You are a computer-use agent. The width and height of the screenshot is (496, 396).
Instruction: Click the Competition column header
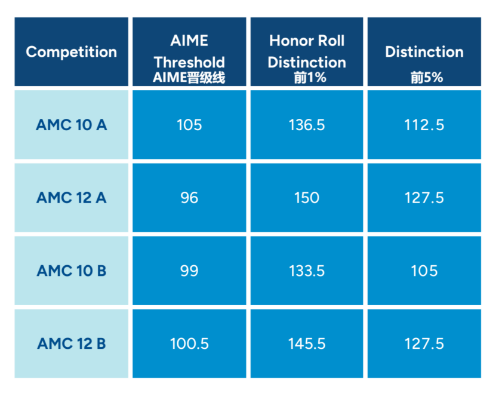point(72,52)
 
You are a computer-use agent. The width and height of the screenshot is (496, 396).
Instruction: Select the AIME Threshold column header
point(189,52)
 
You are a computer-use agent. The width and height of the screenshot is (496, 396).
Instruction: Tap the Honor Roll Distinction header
point(307,52)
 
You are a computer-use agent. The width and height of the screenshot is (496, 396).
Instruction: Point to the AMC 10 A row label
point(72,125)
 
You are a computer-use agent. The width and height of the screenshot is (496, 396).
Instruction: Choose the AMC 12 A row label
point(72,198)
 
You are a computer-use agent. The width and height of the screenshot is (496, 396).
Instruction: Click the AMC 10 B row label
point(72,271)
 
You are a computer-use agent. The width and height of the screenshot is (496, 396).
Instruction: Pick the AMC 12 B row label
point(72,343)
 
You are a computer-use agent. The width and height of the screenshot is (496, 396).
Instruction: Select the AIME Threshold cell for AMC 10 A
point(189,125)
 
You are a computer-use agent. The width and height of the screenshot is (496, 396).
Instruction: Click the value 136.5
point(307,125)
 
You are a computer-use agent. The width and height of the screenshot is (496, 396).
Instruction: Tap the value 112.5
point(424,125)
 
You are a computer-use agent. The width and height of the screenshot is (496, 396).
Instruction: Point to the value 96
point(189,198)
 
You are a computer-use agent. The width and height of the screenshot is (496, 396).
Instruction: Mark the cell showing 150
point(307,198)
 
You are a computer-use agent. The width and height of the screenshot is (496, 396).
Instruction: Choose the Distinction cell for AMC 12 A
point(424,198)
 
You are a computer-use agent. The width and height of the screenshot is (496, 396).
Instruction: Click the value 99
point(189,271)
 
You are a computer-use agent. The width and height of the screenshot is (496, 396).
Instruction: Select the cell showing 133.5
point(307,271)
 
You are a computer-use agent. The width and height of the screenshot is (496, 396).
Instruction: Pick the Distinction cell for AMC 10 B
point(424,271)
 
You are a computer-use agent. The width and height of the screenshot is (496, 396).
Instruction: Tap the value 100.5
point(189,343)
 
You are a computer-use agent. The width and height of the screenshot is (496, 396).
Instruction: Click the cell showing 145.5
point(307,343)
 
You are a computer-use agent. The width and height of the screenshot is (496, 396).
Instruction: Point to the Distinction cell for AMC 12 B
point(424,343)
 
